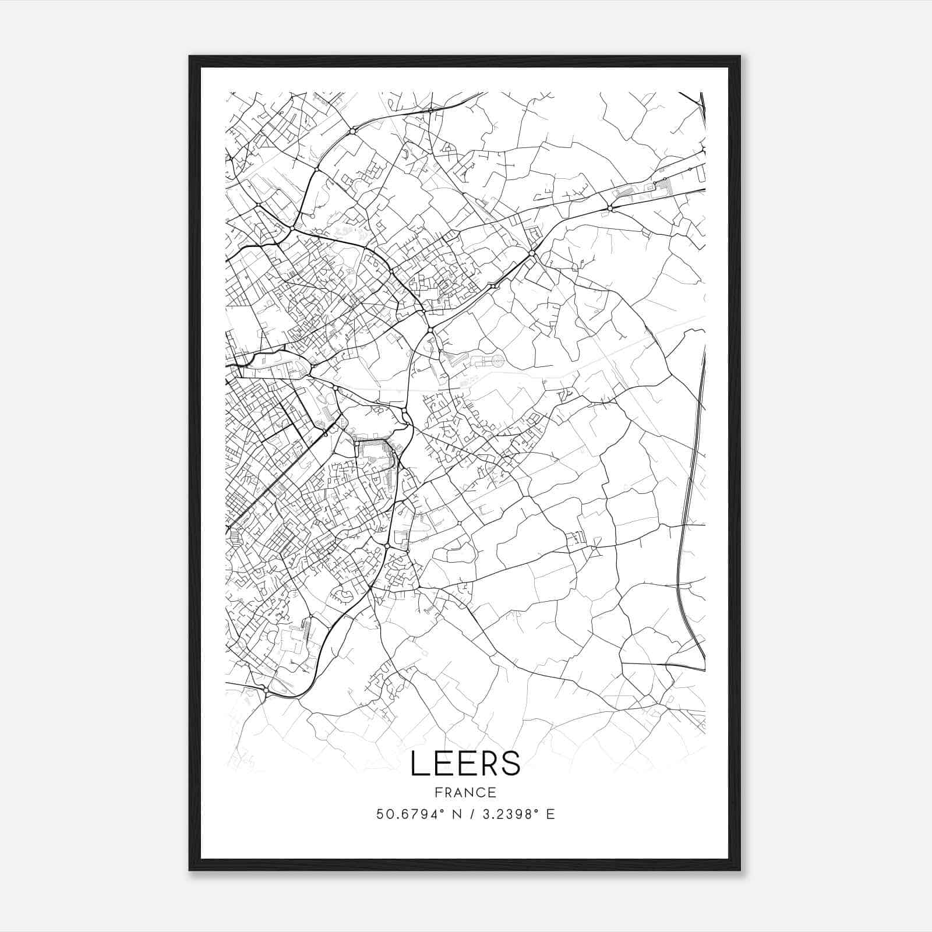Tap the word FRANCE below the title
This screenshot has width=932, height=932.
(465, 793)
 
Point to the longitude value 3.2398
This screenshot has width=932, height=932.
(506, 814)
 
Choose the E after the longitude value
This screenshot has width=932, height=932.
(550, 814)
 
